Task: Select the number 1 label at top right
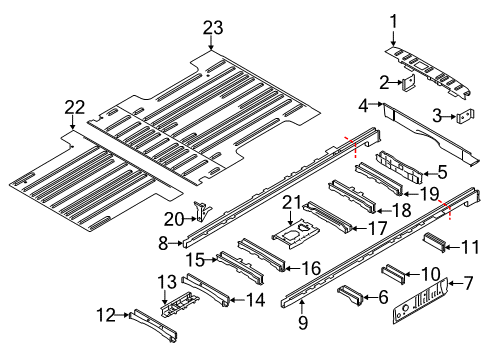tap(393, 19)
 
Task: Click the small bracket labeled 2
tap(410, 83)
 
